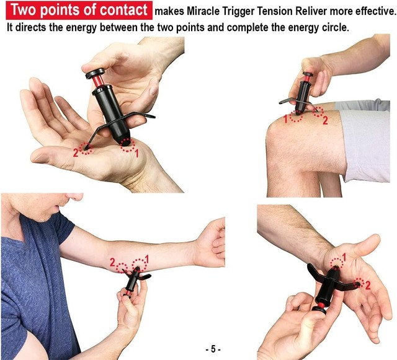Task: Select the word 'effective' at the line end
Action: click(371, 11)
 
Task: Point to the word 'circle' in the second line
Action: click(334, 28)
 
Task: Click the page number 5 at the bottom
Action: click(212, 349)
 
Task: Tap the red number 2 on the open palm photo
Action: click(76, 152)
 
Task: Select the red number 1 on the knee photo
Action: click(286, 118)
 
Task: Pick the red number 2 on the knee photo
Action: click(324, 121)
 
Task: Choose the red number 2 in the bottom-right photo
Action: click(368, 285)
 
